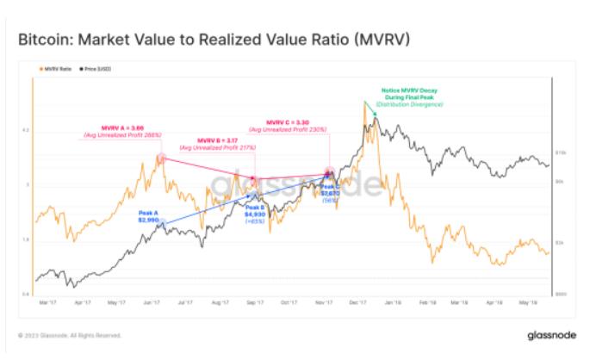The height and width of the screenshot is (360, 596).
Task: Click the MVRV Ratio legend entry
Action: click(55, 68)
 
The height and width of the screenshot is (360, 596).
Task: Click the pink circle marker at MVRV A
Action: click(160, 158)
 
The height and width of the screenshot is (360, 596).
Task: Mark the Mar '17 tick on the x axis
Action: click(49, 303)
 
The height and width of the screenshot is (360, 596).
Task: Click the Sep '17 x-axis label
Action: click(254, 303)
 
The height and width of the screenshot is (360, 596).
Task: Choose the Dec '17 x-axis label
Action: click(356, 303)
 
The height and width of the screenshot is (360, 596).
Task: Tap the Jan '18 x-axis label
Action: click(390, 303)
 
